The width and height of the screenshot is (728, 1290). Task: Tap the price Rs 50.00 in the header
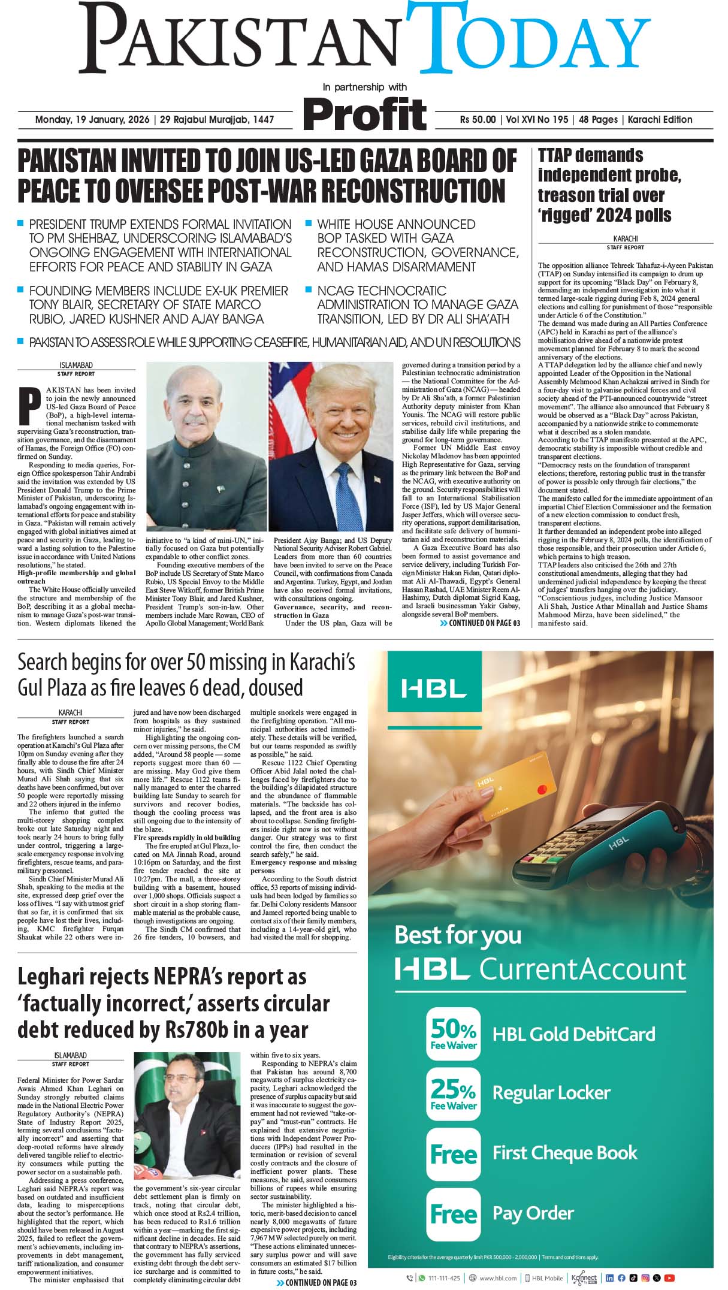click(x=478, y=120)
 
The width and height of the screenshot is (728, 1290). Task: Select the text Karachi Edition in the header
click(x=660, y=120)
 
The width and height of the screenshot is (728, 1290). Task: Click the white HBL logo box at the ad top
click(x=434, y=688)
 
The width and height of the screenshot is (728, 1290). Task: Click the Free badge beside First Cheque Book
click(x=454, y=1154)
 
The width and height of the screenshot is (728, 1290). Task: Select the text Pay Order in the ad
click(x=533, y=1213)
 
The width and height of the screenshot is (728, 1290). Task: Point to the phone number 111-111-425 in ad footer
click(x=444, y=1278)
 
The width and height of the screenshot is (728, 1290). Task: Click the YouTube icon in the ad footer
click(x=669, y=1278)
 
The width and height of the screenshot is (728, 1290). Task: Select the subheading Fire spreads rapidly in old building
click(x=187, y=837)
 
